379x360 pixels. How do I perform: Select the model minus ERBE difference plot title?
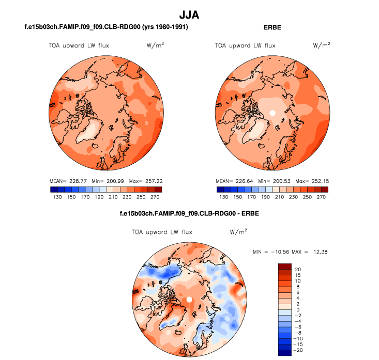[x=189, y=213]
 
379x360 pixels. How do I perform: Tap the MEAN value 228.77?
[x=73, y=181]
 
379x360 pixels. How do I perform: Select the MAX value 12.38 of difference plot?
[x=321, y=252]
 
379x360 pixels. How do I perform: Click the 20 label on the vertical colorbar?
[x=298, y=270]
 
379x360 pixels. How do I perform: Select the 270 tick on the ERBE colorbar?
[x=323, y=197]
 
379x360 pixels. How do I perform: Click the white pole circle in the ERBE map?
[x=272, y=112]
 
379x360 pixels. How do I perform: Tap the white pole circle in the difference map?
[x=189, y=300]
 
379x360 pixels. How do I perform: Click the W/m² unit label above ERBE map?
[x=322, y=45]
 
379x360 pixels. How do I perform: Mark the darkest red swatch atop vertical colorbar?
[x=285, y=266]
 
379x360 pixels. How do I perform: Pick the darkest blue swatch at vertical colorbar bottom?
[x=285, y=353]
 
